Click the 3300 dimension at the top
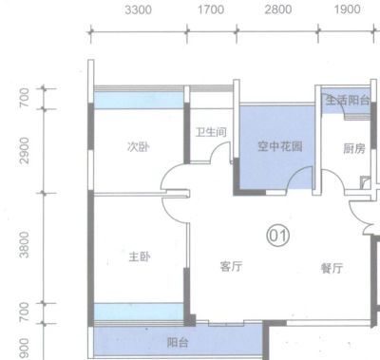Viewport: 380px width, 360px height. tap(138, 9)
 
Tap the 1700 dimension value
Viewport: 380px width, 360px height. tap(211, 9)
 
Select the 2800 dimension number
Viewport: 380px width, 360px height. tap(278, 9)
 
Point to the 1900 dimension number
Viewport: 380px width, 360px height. tap(348, 9)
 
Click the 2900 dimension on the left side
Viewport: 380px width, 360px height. tap(24, 150)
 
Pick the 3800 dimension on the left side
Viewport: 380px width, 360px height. tap(24, 244)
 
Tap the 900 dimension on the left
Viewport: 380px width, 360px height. tap(24, 349)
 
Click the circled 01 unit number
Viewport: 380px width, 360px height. tap(278, 236)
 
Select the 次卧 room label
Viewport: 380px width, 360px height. tap(139, 146)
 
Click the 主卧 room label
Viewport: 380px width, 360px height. tap(140, 256)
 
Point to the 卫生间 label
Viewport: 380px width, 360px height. tap(211, 132)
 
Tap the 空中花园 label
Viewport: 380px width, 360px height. tap(280, 146)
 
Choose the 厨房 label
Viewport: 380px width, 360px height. tap(354, 148)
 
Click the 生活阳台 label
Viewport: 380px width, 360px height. tap(348, 101)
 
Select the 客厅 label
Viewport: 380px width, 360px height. tap(231, 266)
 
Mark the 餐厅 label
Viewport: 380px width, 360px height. tap(332, 268)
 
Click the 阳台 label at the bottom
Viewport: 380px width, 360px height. tap(178, 342)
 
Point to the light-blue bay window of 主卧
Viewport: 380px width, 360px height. tap(139, 312)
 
